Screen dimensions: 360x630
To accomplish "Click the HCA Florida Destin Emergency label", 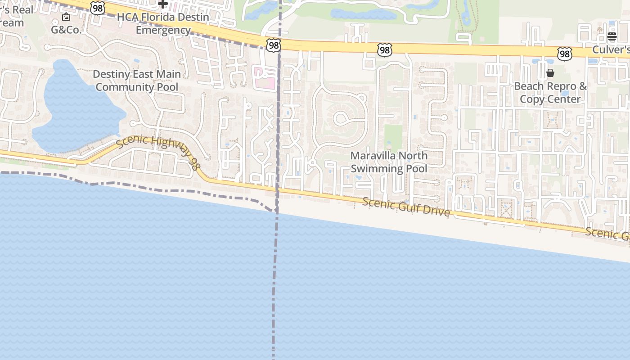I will point(163,24).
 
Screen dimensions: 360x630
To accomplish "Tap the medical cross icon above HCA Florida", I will point(163,4).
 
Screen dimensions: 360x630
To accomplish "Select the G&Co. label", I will point(66,30).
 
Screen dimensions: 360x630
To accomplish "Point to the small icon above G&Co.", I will point(66,17).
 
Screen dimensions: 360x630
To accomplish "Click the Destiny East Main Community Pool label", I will point(137,81).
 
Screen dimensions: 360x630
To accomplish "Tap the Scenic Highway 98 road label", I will point(158,152).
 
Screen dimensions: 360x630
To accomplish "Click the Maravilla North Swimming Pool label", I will point(389,162).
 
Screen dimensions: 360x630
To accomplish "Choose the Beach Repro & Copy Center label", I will point(550,93).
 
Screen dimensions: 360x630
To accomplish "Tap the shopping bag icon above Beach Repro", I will point(550,73).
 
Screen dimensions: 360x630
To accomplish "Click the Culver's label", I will point(611,49).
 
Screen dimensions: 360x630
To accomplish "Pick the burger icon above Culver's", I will point(612,36).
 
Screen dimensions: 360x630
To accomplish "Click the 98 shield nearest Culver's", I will point(564,54).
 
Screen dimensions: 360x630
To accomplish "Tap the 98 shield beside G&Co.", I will point(97,7).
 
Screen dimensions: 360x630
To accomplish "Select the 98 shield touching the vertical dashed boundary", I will point(273,45).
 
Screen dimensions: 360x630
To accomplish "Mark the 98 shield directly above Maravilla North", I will point(384,50).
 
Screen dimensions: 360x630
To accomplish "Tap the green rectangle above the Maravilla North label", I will point(393,137).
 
